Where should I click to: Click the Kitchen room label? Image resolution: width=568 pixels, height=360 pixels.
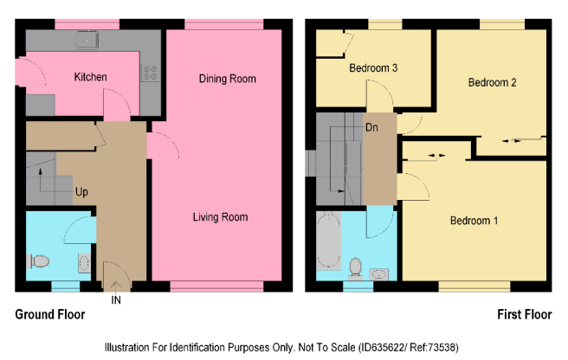tap(91, 77)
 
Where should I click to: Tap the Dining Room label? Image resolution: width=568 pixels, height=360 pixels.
tap(228, 79)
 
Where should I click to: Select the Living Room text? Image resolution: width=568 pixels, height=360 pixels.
tap(220, 217)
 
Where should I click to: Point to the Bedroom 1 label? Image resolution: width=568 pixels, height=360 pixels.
tap(474, 220)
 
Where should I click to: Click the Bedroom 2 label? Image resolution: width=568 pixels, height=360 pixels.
tap(492, 82)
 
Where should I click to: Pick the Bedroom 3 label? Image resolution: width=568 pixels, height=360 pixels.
tap(373, 68)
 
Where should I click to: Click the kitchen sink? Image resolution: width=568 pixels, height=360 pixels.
tap(87, 40)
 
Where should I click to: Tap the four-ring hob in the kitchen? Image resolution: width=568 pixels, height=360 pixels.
tap(150, 73)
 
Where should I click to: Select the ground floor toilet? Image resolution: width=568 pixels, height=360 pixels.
tap(38, 261)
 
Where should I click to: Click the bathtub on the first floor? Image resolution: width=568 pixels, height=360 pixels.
tap(328, 241)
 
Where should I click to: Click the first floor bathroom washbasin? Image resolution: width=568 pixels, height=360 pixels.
tap(379, 274)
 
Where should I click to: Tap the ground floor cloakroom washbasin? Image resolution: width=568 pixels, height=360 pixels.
tap(84, 263)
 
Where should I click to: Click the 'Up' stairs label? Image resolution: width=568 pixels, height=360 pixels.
tap(81, 191)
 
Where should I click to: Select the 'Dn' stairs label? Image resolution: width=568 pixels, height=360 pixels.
tap(371, 127)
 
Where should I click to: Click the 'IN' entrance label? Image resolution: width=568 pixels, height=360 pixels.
tap(116, 300)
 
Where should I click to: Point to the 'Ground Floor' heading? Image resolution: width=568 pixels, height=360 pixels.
tap(50, 314)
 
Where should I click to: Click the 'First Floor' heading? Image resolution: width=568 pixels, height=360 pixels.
tap(525, 314)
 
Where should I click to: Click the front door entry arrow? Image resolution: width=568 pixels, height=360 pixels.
tap(116, 286)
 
